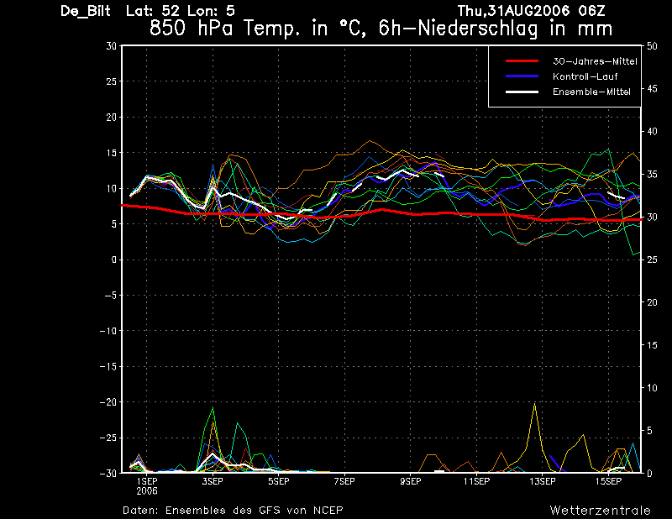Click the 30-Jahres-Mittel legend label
(x=595, y=61)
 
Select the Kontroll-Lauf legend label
(x=585, y=76)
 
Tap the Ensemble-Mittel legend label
(x=591, y=92)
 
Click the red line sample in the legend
(x=522, y=61)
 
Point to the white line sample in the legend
(x=522, y=92)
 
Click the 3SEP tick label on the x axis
(x=213, y=481)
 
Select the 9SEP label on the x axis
(x=411, y=481)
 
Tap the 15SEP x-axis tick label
(x=608, y=481)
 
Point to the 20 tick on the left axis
(x=112, y=117)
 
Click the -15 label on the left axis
(x=108, y=366)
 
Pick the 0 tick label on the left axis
(x=114, y=259)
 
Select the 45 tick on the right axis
(x=652, y=89)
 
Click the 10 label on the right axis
(x=652, y=388)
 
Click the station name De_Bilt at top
(x=86, y=11)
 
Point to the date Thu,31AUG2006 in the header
(x=513, y=11)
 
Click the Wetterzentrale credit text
(x=601, y=510)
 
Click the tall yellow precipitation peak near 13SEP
(x=534, y=403)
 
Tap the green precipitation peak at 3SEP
(x=213, y=407)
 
